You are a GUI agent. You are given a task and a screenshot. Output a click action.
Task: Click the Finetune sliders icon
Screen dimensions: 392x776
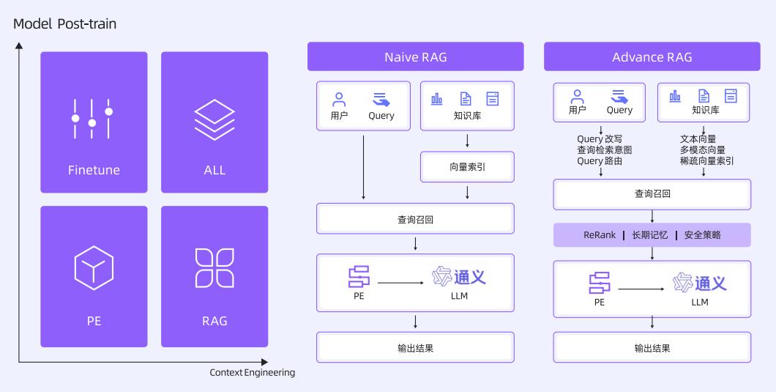click(x=92, y=117)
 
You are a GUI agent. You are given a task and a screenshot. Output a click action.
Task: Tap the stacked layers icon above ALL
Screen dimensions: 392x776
click(x=214, y=119)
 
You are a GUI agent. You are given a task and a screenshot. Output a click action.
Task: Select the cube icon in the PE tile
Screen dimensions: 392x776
click(x=94, y=267)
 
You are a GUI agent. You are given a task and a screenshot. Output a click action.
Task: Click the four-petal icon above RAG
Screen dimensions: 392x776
click(x=214, y=267)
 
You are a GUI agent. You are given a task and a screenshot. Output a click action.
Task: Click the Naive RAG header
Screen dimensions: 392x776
click(x=415, y=56)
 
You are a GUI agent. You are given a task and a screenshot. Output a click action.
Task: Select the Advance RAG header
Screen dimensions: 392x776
click(x=652, y=56)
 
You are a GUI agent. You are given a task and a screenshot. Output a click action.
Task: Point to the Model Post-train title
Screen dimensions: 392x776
click(x=64, y=24)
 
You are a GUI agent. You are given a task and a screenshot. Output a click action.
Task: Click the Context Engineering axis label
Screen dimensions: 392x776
click(x=252, y=373)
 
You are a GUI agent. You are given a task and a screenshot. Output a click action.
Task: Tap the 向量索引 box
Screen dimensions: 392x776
click(x=467, y=167)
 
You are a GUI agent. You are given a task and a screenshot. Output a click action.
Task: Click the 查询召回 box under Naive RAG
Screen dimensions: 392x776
click(x=415, y=219)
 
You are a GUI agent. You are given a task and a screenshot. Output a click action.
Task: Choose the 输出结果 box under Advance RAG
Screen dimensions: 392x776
click(x=652, y=348)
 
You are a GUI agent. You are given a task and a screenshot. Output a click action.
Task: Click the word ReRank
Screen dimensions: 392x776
click(x=600, y=235)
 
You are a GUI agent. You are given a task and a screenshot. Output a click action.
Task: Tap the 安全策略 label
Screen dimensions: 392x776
click(x=702, y=235)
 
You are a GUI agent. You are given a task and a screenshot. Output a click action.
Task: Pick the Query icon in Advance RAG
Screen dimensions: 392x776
click(x=619, y=96)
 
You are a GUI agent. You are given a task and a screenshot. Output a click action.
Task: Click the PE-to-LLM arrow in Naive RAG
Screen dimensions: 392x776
click(x=401, y=282)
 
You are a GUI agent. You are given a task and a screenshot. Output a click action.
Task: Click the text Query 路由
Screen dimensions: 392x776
click(x=600, y=161)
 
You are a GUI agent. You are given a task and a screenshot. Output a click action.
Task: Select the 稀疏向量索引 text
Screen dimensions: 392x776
click(x=706, y=161)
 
